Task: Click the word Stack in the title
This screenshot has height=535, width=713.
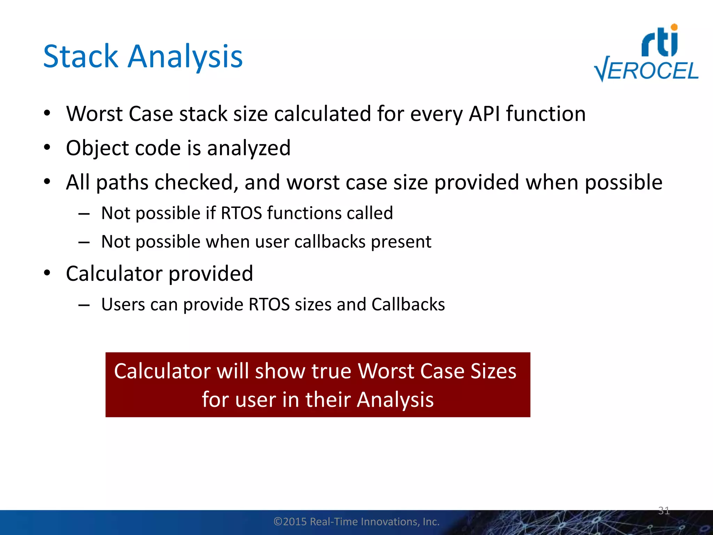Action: tap(81, 56)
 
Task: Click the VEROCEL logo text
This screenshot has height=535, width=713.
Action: tap(647, 71)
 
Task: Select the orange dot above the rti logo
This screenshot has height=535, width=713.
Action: tap(674, 27)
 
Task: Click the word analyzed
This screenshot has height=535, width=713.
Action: tap(249, 148)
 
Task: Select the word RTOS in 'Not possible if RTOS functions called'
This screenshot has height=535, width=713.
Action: tap(241, 213)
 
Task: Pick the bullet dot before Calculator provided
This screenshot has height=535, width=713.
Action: tap(47, 273)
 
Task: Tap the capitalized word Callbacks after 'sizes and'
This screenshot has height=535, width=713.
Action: tap(408, 304)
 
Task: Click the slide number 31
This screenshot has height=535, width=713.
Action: tap(664, 511)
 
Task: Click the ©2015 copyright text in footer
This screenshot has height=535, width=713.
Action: tap(356, 521)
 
